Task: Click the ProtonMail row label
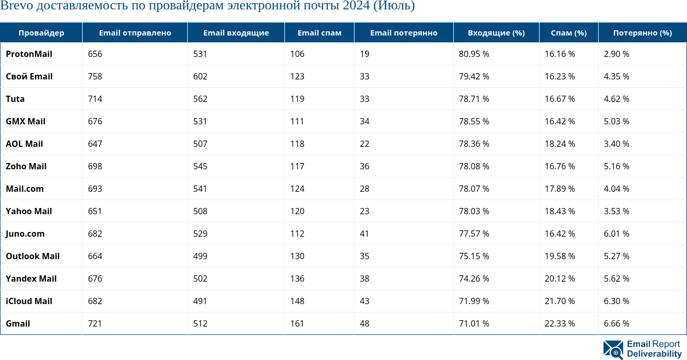pyautogui.click(x=29, y=54)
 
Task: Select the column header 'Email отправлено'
pyautogui.click(x=135, y=32)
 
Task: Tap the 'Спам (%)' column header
pyautogui.click(x=568, y=32)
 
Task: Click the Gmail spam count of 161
pyautogui.click(x=297, y=323)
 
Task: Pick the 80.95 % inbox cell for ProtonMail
pyautogui.click(x=474, y=54)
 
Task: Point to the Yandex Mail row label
pyautogui.click(x=31, y=278)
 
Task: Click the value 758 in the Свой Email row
pyautogui.click(x=95, y=76)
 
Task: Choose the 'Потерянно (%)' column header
pyautogui.click(x=642, y=32)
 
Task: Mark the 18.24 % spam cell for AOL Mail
pyautogui.click(x=559, y=144)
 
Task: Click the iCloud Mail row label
pyautogui.click(x=29, y=301)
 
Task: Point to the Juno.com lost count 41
pyautogui.click(x=364, y=234)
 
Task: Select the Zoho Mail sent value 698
pyautogui.click(x=95, y=166)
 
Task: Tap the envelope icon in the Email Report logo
pyautogui.click(x=613, y=350)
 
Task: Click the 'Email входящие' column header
pyautogui.click(x=236, y=32)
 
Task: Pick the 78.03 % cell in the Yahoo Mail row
pyautogui.click(x=474, y=211)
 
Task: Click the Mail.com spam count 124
pyautogui.click(x=297, y=189)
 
